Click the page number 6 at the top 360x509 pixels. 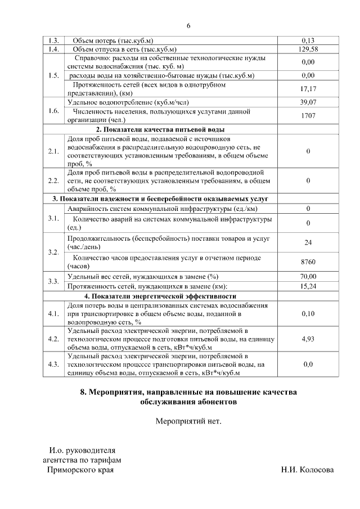pyautogui.click(x=188, y=25)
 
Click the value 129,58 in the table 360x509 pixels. pyautogui.click(x=308, y=49)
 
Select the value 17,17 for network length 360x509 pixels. pyautogui.click(x=308, y=89)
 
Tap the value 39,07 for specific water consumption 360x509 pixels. pyautogui.click(x=308, y=102)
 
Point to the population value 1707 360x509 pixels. pyautogui.click(x=308, y=116)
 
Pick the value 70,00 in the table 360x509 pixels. pyautogui.click(x=308, y=276)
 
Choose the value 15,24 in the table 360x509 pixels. pyautogui.click(x=308, y=286)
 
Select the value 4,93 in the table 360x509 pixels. pyautogui.click(x=308, y=339)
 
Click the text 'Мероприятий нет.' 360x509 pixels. pyautogui.click(x=188, y=420)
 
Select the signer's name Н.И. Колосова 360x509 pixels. pyautogui.click(x=307, y=470)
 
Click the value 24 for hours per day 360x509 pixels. pyautogui.click(x=308, y=242)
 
